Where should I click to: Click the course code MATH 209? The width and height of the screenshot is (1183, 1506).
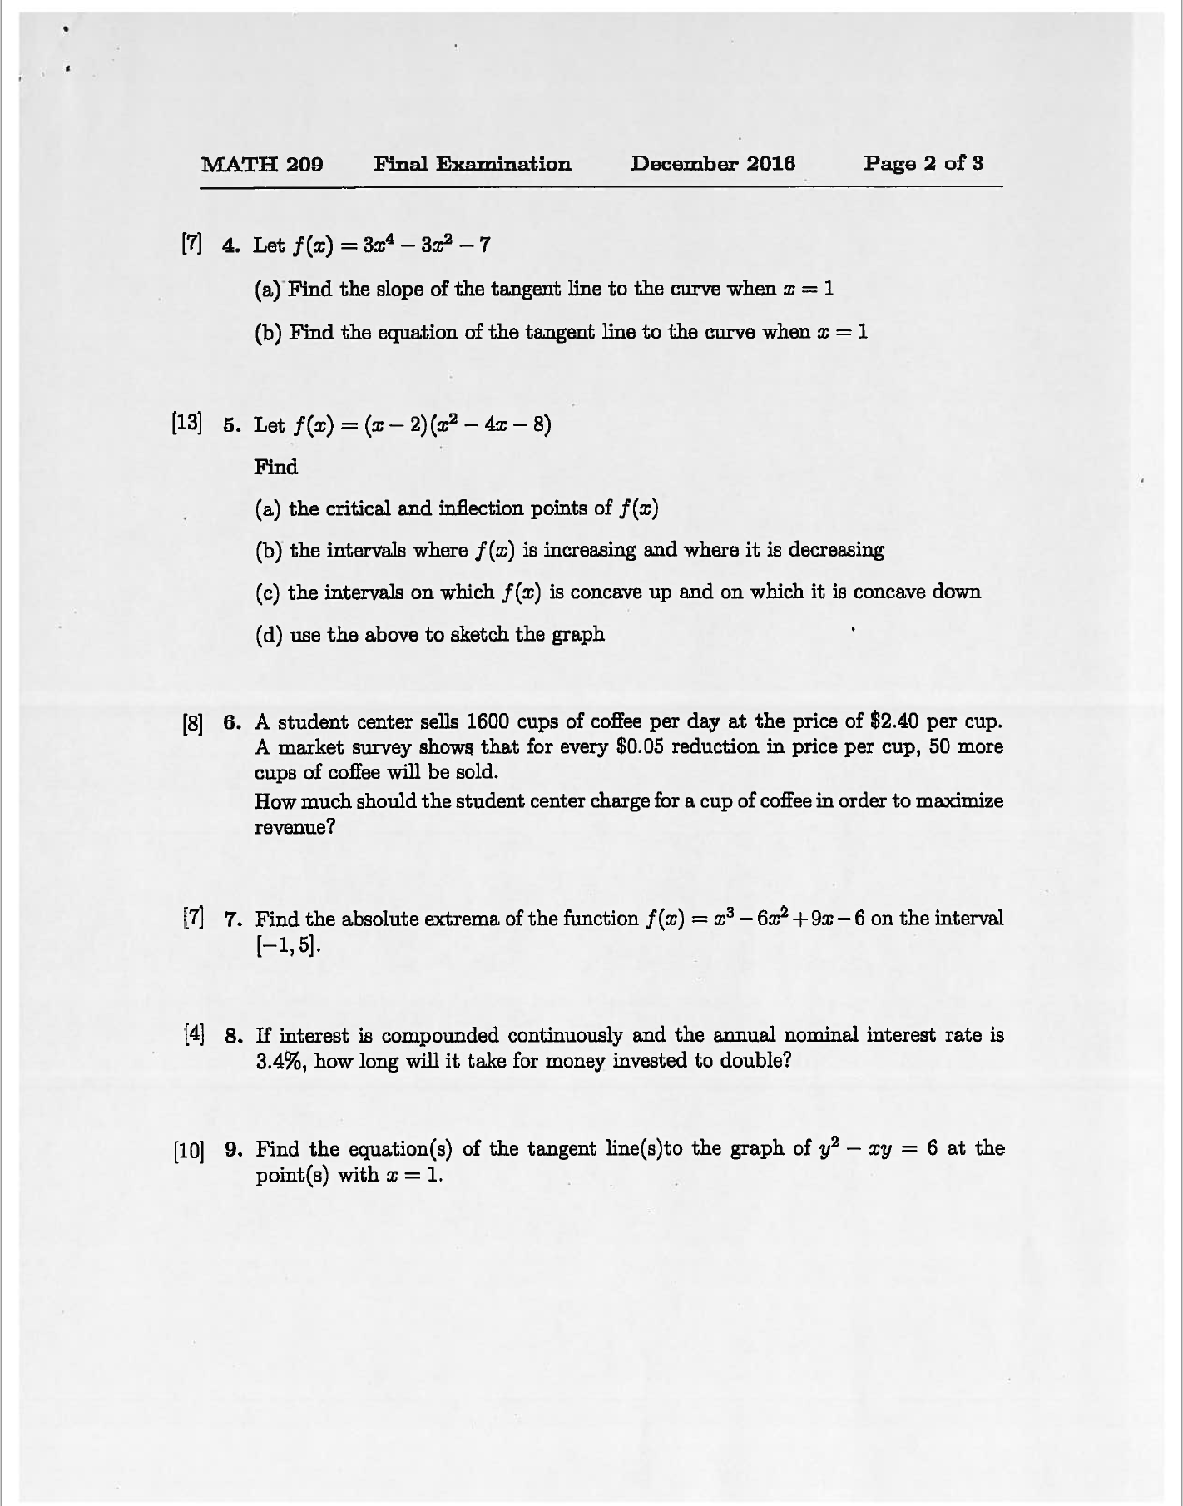(x=262, y=164)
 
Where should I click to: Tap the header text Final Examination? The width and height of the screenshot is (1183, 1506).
(x=472, y=164)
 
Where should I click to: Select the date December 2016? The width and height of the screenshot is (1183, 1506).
(x=712, y=163)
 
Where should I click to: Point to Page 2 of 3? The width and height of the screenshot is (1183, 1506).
(x=923, y=163)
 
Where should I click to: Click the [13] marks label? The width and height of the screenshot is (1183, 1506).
(x=186, y=423)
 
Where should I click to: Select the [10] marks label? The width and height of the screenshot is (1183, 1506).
(x=188, y=1152)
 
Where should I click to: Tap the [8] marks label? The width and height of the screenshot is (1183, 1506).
(x=191, y=723)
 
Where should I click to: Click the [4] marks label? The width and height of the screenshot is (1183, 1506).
(x=193, y=1035)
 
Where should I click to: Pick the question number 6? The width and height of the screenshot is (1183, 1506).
(x=231, y=722)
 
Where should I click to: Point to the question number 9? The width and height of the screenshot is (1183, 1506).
(x=233, y=1150)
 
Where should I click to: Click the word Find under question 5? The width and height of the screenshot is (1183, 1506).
(x=275, y=467)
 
